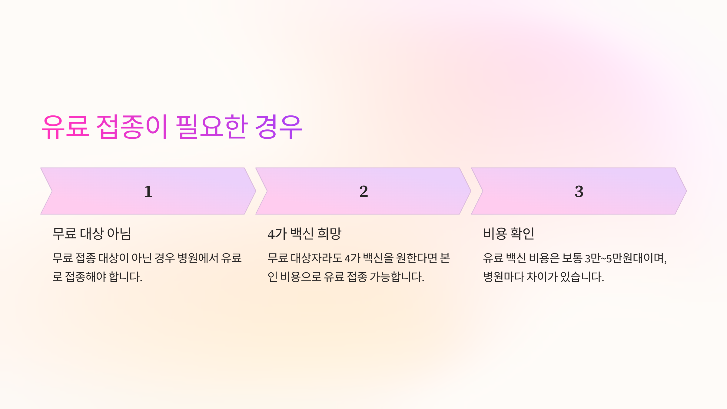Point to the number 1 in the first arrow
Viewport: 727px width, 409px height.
click(148, 191)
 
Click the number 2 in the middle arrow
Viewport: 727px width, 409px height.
click(363, 191)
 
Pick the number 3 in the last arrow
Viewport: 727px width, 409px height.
click(579, 191)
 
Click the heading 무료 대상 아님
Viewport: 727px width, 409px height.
click(91, 234)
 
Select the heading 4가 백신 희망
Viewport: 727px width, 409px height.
click(304, 234)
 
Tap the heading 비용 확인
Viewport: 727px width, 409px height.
click(509, 234)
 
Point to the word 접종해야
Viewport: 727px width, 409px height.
click(86, 277)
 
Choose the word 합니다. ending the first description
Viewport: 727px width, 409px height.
click(125, 277)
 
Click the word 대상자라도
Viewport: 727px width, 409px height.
click(316, 258)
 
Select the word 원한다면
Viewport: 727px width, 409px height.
click(417, 258)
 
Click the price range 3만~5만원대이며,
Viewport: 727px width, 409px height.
click(626, 258)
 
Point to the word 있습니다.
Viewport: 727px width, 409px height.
click(582, 277)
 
